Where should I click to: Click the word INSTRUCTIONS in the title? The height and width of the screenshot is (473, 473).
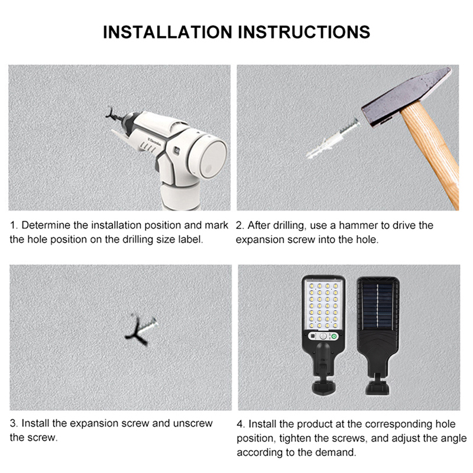(304, 32)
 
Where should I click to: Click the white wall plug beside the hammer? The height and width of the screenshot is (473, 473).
(332, 138)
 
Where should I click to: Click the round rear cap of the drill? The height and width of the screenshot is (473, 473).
(209, 157)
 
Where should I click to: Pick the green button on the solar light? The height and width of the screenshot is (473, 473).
(333, 336)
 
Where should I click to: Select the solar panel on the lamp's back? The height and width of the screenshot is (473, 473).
(378, 306)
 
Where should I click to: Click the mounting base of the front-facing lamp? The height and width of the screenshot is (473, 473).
(323, 388)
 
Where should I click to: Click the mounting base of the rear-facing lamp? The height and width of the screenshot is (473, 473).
(377, 388)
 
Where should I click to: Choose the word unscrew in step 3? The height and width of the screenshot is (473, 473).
(193, 423)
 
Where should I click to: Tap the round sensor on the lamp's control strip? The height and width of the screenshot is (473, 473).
(323, 336)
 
